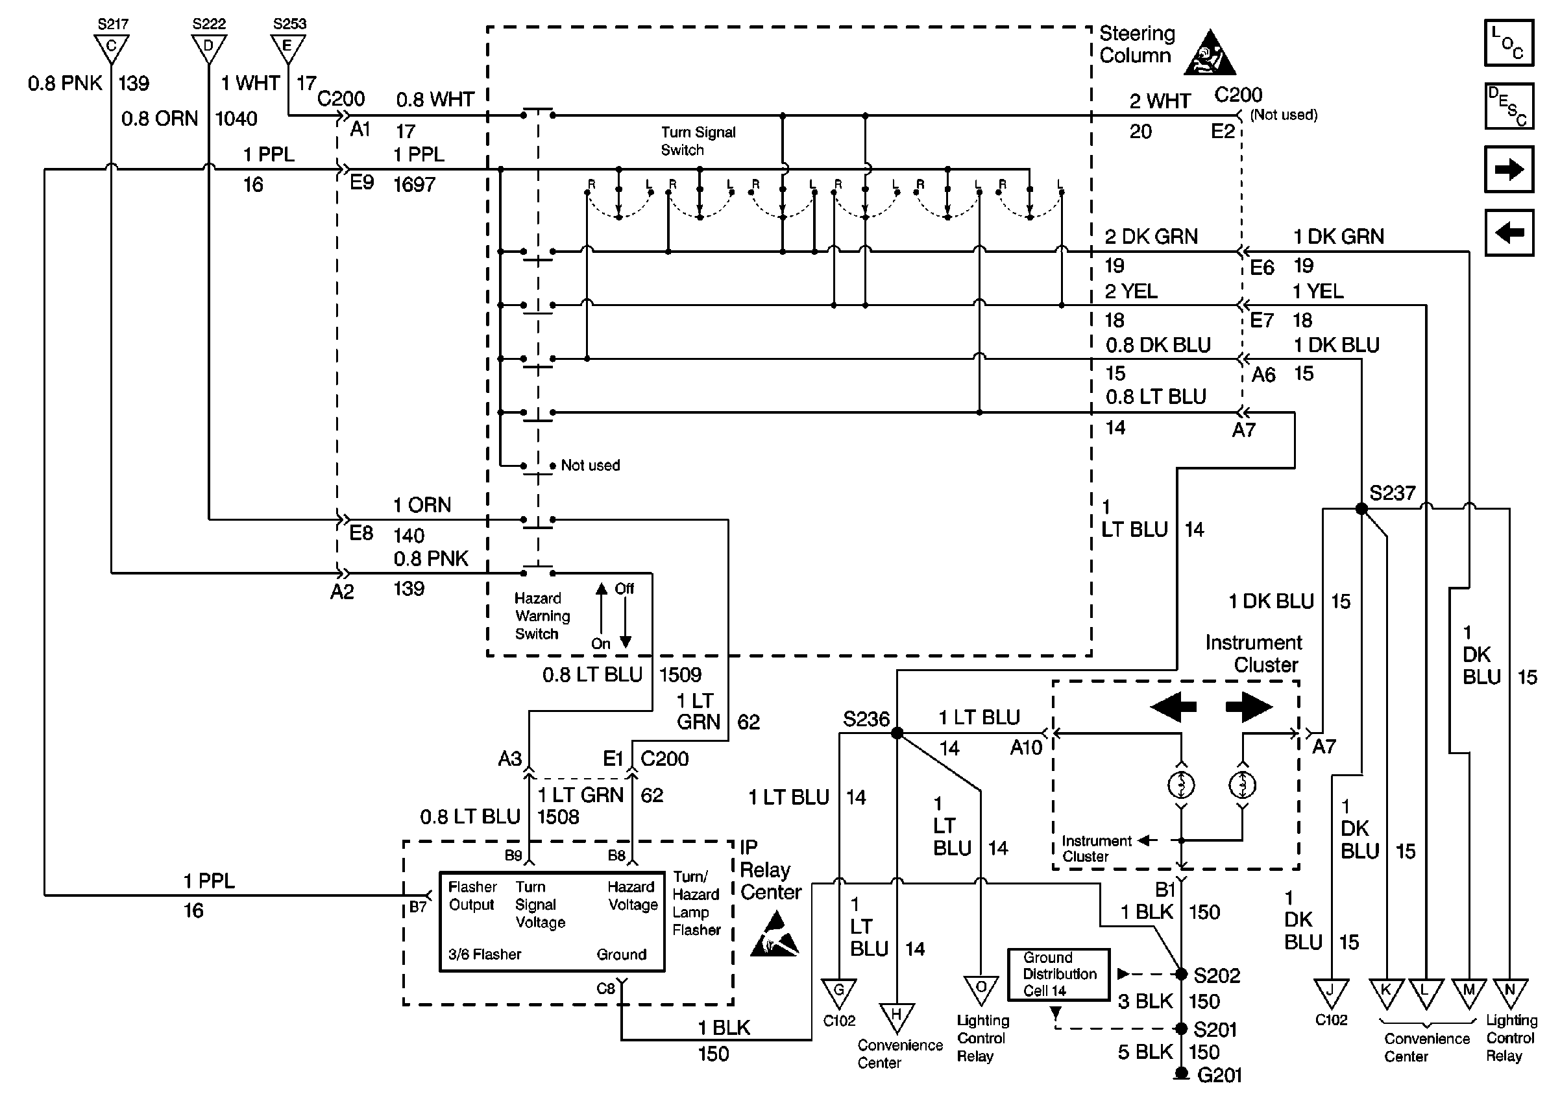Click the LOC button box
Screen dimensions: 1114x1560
pyautogui.click(x=1509, y=43)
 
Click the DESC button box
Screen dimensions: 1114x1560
pyautogui.click(x=1509, y=106)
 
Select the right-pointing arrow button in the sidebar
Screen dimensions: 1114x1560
pyautogui.click(x=1509, y=169)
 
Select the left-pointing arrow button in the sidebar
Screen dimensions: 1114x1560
pyautogui.click(x=1509, y=233)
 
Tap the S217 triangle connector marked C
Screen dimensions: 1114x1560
pyautogui.click(x=112, y=48)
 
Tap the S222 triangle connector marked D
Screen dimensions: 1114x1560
pyautogui.click(x=209, y=48)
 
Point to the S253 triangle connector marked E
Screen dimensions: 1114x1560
pyautogui.click(x=288, y=48)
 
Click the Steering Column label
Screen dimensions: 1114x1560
pyautogui.click(x=1136, y=45)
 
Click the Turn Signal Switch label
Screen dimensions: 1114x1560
pyautogui.click(x=698, y=141)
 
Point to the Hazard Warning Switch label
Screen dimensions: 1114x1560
pyautogui.click(x=541, y=616)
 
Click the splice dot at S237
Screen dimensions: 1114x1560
pyautogui.click(x=1361, y=509)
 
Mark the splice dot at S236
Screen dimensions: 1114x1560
pyautogui.click(x=896, y=733)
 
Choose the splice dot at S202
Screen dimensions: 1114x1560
pyautogui.click(x=1181, y=974)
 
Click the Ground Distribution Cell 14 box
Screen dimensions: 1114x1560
pyautogui.click(x=1058, y=974)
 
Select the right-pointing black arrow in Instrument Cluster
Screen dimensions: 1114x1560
pyautogui.click(x=1249, y=707)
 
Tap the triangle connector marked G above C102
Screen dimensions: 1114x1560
pyautogui.click(x=838, y=992)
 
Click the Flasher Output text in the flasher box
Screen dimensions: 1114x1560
pyautogui.click(x=472, y=896)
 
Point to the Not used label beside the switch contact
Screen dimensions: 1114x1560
pyautogui.click(x=590, y=465)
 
